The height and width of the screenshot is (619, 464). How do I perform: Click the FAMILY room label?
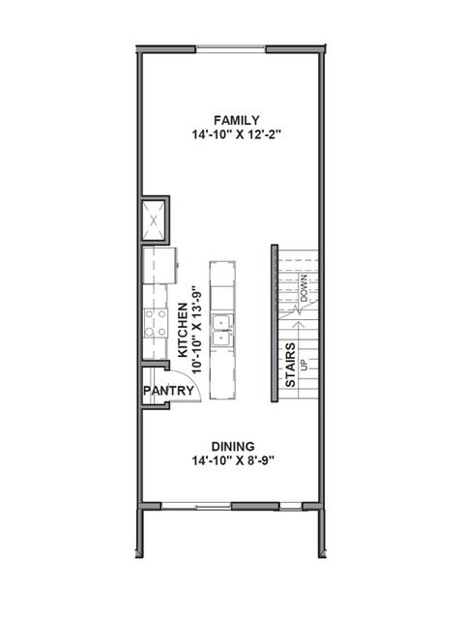point(231,120)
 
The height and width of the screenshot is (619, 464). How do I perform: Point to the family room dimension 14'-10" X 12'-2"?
point(231,136)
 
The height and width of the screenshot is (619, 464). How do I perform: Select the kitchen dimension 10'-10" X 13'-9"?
point(197,329)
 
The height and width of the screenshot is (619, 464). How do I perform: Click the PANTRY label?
point(170,391)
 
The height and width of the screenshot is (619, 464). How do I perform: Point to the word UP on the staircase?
point(304,366)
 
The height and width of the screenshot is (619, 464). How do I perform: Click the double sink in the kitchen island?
point(223,330)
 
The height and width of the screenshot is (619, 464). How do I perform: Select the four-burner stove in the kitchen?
point(155,322)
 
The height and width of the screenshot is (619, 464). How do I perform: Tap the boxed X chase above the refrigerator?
point(155,220)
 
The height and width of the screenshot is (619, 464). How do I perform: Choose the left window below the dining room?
point(196,506)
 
